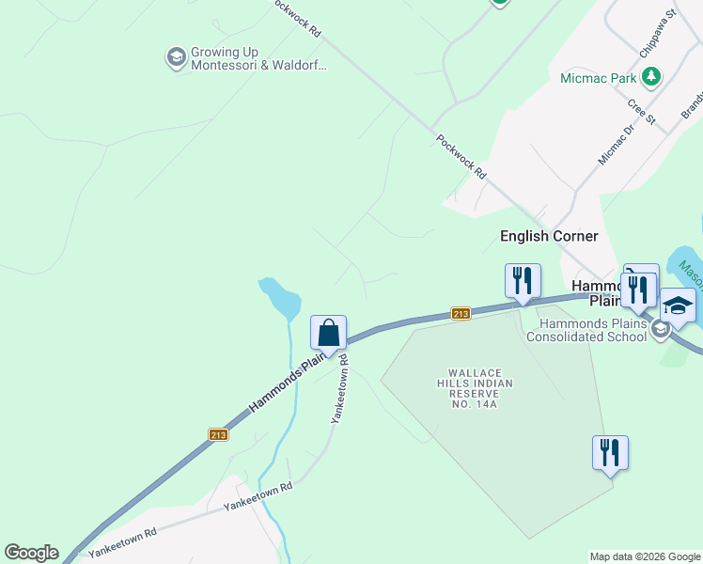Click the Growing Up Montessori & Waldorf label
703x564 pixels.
(x=258, y=58)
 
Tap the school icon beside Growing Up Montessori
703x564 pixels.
(x=175, y=58)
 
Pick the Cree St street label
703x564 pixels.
(x=641, y=110)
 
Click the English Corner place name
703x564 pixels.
(x=550, y=236)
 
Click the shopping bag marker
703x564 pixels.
(x=328, y=333)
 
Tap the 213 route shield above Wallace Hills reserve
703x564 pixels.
(x=460, y=313)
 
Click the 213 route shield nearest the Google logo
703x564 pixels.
(x=218, y=434)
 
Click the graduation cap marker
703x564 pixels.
(x=677, y=306)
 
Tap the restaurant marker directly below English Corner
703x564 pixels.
(x=523, y=280)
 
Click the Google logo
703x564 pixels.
(x=31, y=553)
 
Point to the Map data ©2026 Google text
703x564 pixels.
(x=644, y=556)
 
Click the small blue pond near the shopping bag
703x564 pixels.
(x=282, y=298)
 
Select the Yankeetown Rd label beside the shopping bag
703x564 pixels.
(x=339, y=389)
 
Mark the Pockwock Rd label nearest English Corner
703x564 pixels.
(x=462, y=156)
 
